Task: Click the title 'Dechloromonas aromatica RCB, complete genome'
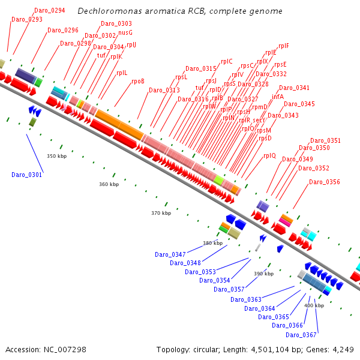[179, 11]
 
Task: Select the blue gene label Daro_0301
[26, 175]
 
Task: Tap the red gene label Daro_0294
[50, 11]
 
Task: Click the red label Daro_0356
[324, 182]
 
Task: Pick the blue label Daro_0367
[301, 335]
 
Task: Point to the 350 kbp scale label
[56, 156]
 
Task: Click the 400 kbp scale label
[314, 305]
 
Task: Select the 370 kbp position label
[161, 213]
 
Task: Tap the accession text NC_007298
[46, 349]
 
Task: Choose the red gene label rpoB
[138, 81]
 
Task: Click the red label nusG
[125, 32]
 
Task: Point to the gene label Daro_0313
[164, 90]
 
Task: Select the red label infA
[278, 97]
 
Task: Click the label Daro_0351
[325, 140]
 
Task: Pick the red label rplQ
[269, 155]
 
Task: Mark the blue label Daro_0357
[229, 289]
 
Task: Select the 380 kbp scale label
[212, 243]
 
